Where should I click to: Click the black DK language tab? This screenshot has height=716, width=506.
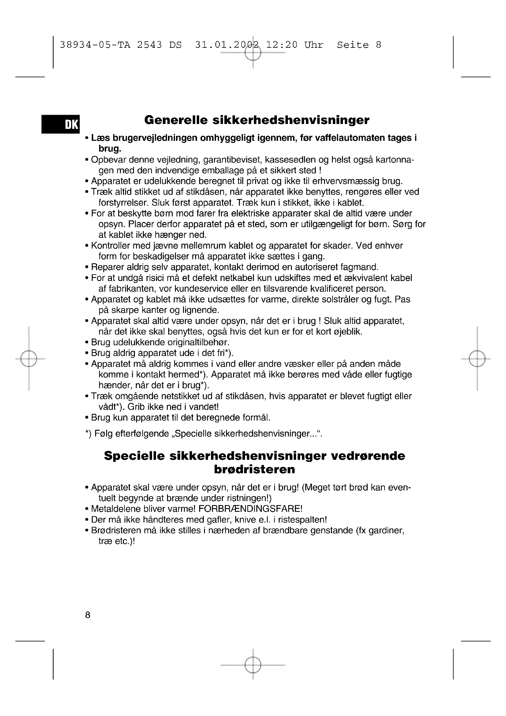click(61, 124)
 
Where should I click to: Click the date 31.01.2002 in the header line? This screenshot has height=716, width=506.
click(227, 45)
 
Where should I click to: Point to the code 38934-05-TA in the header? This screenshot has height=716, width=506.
click(95, 45)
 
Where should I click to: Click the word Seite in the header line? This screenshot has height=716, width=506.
click(353, 45)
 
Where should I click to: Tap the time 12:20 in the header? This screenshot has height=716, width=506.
click(282, 45)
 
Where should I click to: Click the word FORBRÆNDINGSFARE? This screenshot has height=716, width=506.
click(251, 509)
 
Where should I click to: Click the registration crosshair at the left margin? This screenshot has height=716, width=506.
click(29, 359)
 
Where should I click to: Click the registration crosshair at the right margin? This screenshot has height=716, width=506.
click(477, 359)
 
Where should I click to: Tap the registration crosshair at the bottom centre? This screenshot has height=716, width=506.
click(253, 665)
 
